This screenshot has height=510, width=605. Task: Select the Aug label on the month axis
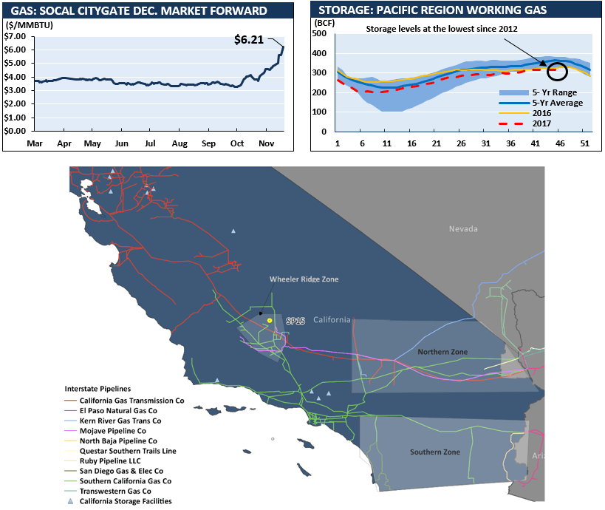coord(180,143)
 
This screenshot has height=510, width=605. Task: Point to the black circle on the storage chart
coord(558,71)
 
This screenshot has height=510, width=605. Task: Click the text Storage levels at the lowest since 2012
coord(442,28)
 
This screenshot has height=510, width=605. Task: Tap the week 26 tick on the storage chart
coord(461,143)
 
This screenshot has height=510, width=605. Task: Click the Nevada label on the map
coord(463,229)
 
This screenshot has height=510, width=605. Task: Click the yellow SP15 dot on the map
coord(270,320)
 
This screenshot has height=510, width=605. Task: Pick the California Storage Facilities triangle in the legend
coord(71,501)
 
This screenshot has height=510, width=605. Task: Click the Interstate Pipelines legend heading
coord(97,388)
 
